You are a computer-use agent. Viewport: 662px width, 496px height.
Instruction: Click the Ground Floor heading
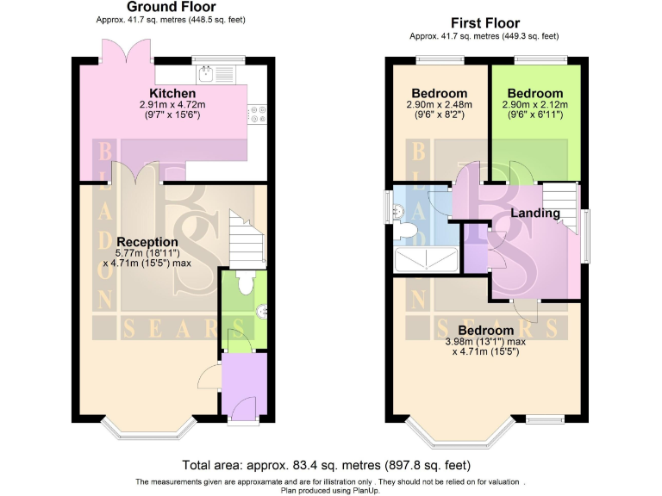172,7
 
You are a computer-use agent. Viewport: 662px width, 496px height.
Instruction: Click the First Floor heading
484,23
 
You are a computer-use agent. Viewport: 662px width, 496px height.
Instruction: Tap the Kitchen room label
172,93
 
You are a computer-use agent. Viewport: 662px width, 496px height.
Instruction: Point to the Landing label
535,213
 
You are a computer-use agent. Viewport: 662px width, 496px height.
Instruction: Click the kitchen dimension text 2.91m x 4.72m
172,105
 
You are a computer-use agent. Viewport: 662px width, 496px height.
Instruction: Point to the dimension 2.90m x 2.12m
534,106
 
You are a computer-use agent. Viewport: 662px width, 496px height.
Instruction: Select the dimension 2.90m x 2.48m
439,106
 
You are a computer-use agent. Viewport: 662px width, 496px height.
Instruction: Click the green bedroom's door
521,171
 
